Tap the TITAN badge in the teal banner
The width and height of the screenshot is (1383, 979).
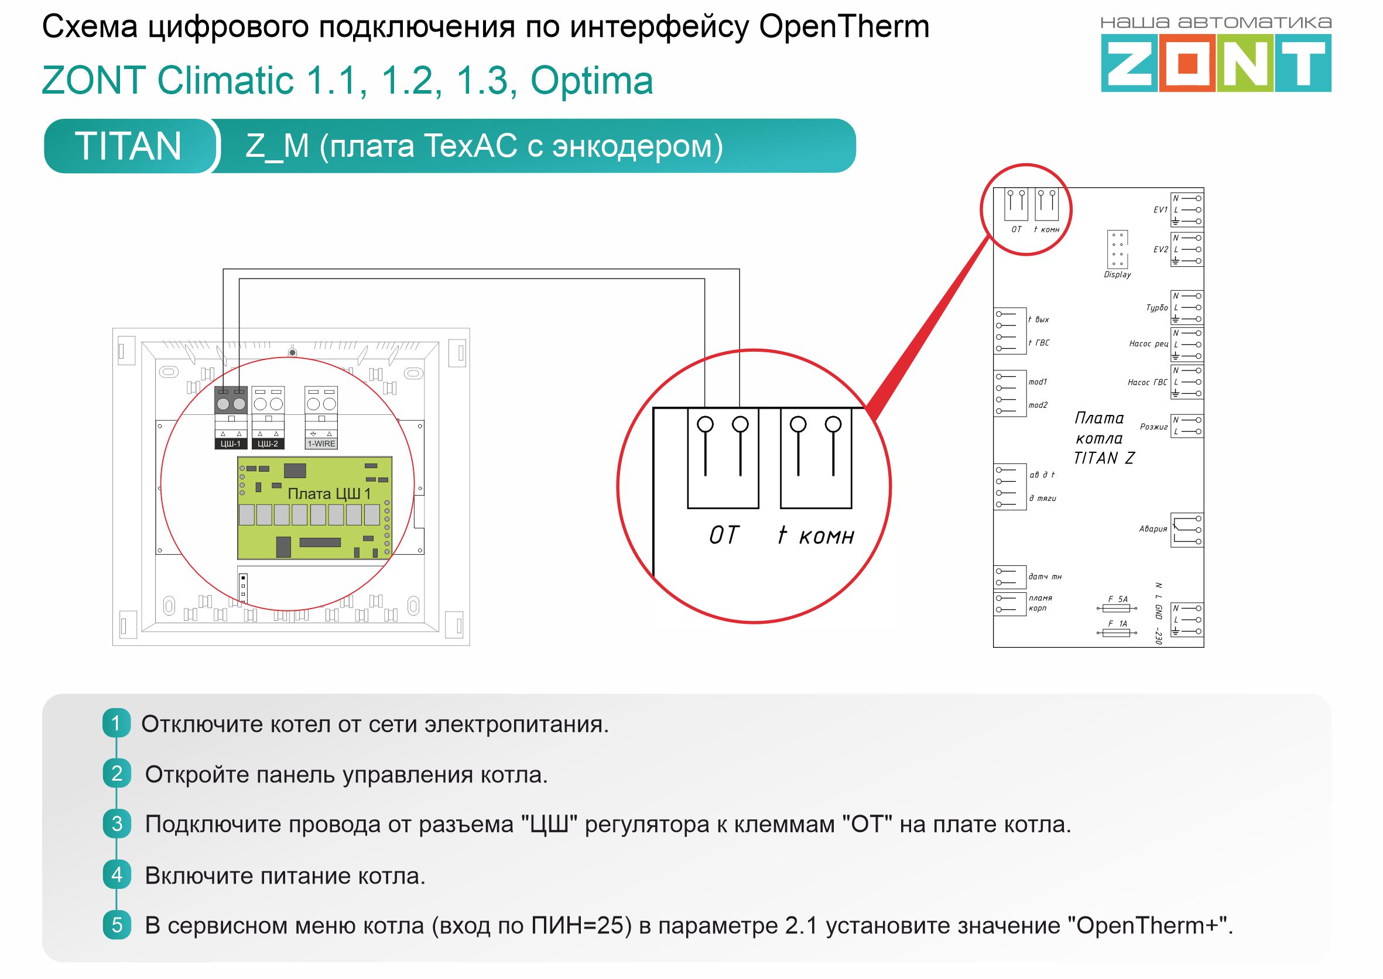128,146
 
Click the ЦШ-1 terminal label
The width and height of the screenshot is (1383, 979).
230,444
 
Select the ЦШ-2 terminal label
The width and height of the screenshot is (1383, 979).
268,444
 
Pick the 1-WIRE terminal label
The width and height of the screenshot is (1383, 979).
321,444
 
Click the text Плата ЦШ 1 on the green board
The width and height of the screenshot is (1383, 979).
329,494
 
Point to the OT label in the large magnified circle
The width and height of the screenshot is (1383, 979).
723,535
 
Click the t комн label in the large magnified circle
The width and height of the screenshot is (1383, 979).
816,535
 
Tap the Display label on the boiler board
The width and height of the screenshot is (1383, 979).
1117,275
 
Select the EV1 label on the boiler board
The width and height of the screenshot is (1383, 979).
1161,209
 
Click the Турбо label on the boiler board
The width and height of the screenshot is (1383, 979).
1157,308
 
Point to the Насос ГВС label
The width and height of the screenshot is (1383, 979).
1147,383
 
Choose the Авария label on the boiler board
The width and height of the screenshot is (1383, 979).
1153,529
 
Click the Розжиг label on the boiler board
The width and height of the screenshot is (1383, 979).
1153,427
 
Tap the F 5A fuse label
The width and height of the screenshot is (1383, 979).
1118,599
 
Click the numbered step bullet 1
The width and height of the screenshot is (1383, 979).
117,723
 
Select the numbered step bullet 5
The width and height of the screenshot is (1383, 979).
117,925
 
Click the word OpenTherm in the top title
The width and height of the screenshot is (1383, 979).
844,27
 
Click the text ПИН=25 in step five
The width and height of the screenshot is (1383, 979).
581,925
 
